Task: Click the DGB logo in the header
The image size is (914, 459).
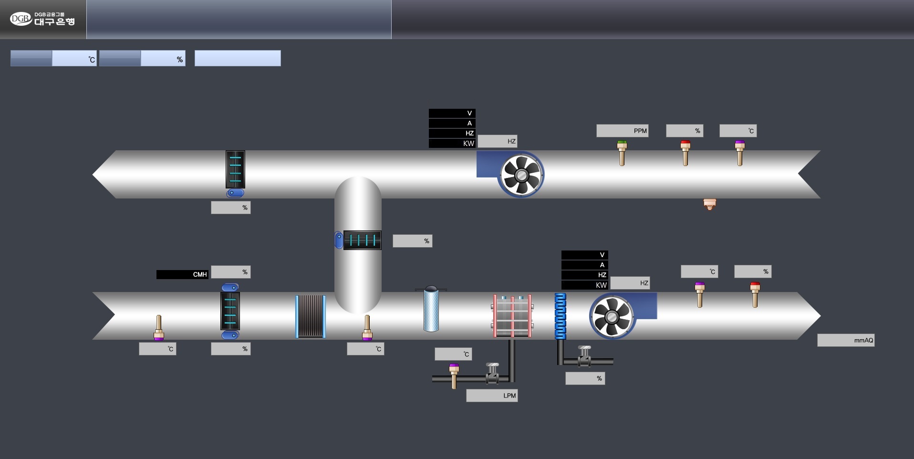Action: click(x=42, y=19)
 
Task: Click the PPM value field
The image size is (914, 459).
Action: click(x=622, y=131)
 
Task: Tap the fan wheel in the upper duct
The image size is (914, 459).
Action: click(x=521, y=175)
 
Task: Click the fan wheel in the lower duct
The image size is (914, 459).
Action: click(x=612, y=317)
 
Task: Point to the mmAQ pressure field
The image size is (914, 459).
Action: click(x=845, y=340)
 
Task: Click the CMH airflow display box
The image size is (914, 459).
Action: click(x=182, y=274)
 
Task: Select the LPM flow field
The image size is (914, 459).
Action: click(x=491, y=396)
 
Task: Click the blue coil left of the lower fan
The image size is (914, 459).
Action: click(x=561, y=316)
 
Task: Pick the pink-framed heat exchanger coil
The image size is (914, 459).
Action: click(x=512, y=316)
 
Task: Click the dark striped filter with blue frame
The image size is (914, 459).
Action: click(x=311, y=316)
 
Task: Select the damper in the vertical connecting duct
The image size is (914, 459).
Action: click(x=362, y=240)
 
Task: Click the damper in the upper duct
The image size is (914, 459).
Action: click(x=235, y=169)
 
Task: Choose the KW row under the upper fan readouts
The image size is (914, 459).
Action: click(x=452, y=143)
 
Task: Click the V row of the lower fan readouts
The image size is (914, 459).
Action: click(x=584, y=255)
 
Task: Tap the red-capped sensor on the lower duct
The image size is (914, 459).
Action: click(x=755, y=294)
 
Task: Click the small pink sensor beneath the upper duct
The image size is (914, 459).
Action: click(x=710, y=204)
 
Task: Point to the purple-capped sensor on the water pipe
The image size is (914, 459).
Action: click(x=454, y=376)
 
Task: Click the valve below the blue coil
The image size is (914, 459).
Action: click(x=584, y=356)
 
